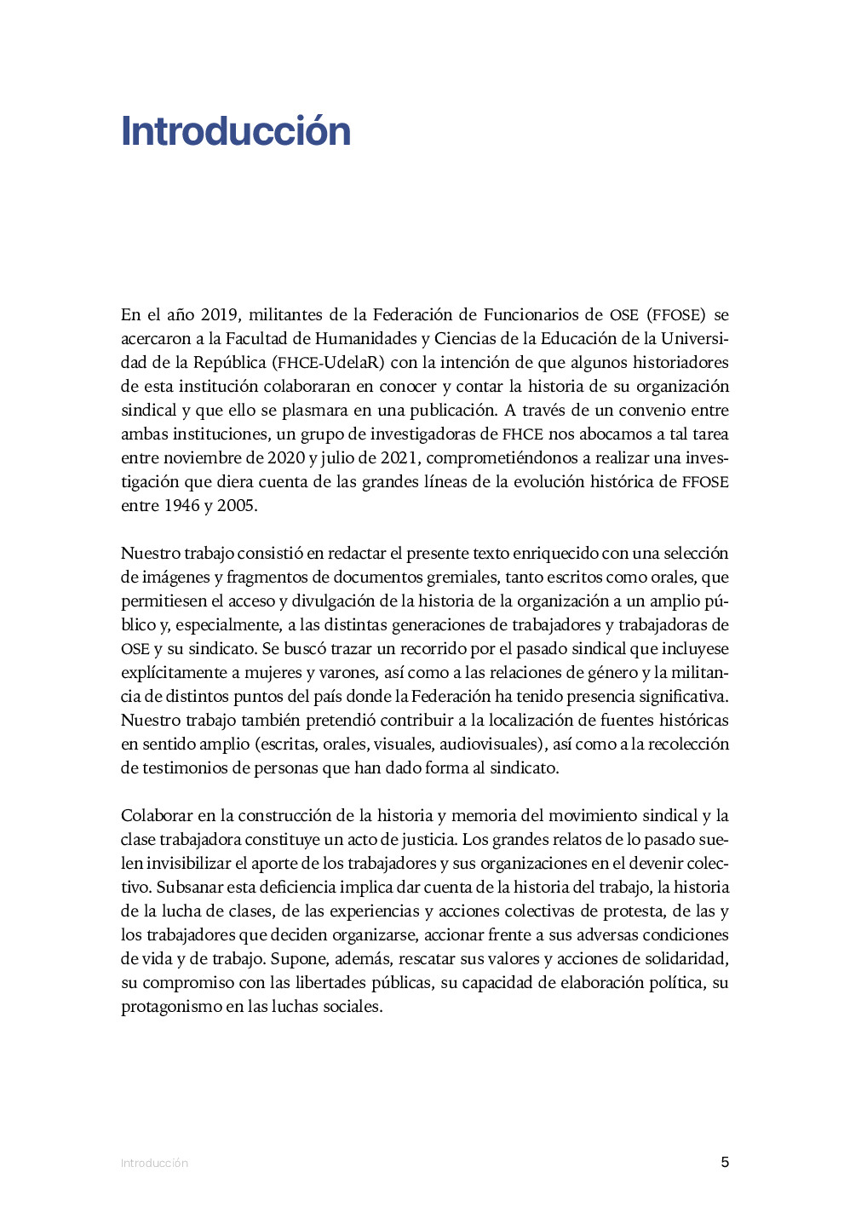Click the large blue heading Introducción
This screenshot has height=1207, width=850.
[236, 131]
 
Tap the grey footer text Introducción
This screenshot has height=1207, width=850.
[154, 1163]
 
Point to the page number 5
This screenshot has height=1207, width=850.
[725, 1162]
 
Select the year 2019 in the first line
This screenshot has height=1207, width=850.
[220, 315]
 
